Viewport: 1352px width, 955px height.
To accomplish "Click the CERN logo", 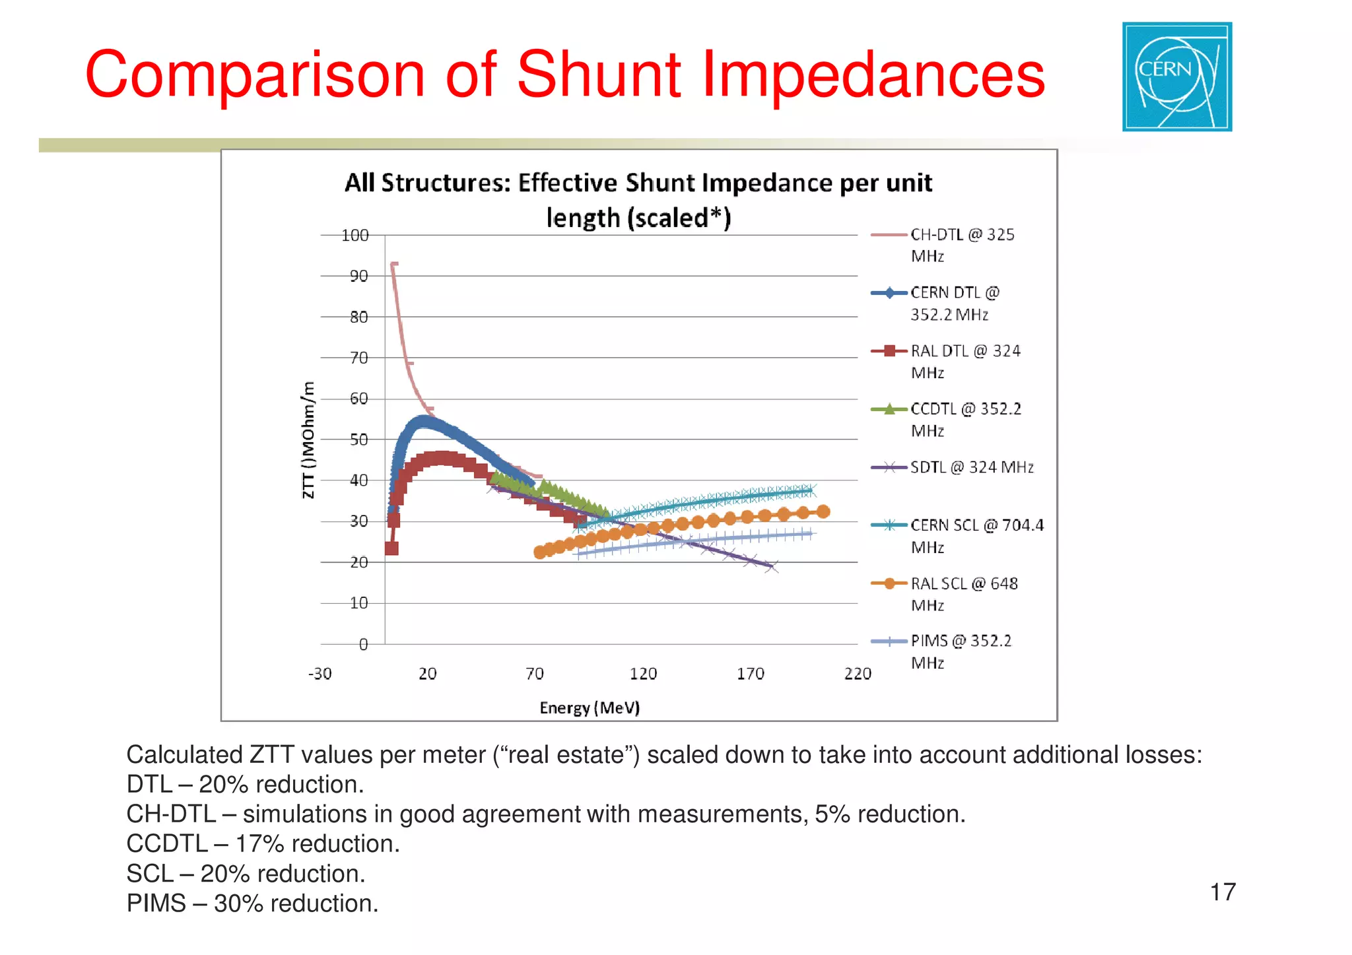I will (1176, 77).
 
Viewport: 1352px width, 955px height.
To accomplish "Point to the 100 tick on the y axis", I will (355, 236).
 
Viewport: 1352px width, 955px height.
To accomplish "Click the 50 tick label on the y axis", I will (358, 440).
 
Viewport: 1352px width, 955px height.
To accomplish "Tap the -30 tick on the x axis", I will (320, 674).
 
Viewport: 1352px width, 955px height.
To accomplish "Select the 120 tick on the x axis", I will (643, 674).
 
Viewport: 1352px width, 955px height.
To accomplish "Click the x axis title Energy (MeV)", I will (590, 708).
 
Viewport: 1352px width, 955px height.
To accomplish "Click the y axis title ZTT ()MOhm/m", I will (308, 440).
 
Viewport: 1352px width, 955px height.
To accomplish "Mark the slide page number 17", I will (1222, 892).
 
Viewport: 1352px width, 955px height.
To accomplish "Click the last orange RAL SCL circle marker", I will (823, 511).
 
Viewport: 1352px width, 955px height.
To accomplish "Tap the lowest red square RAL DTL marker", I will (391, 548).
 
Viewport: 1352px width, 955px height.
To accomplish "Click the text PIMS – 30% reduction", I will (252, 904).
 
